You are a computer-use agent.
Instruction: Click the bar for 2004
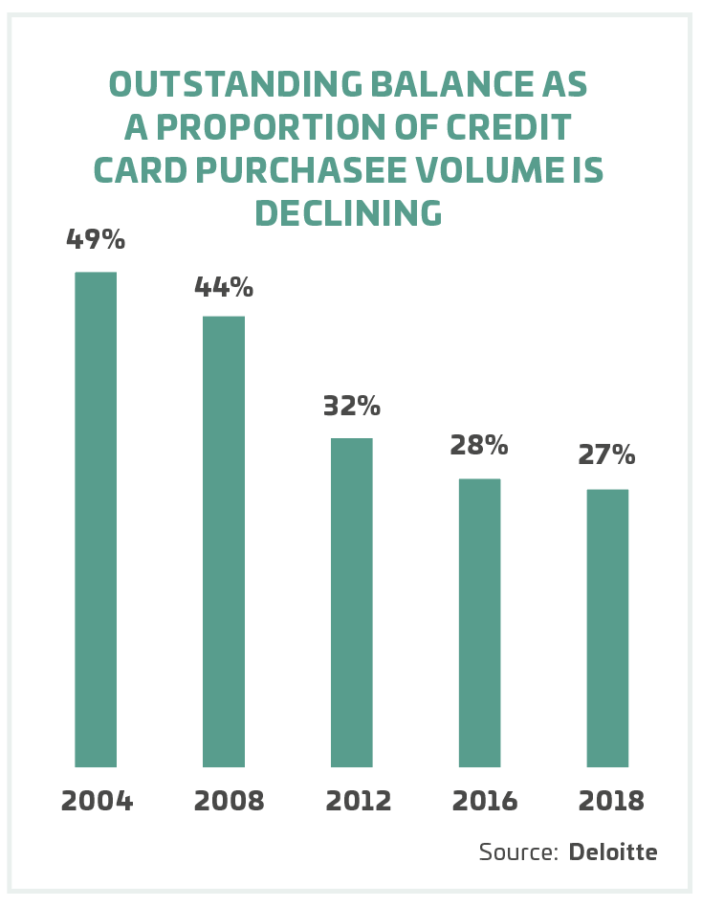tap(96, 520)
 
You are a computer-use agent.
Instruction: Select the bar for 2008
tap(224, 542)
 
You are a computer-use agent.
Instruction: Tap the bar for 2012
tap(352, 603)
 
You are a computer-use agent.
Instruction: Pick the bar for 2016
tap(480, 623)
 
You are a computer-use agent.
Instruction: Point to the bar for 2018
tap(607, 629)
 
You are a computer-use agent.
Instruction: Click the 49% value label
tap(96, 239)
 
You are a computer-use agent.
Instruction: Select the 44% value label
tap(224, 286)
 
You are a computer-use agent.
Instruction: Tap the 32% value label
tap(352, 406)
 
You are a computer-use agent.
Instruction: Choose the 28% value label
tap(480, 445)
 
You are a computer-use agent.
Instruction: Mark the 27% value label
tap(607, 455)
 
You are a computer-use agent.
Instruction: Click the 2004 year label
tap(97, 801)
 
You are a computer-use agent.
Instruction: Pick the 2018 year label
tap(610, 801)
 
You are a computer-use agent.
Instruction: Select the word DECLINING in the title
tap(348, 213)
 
